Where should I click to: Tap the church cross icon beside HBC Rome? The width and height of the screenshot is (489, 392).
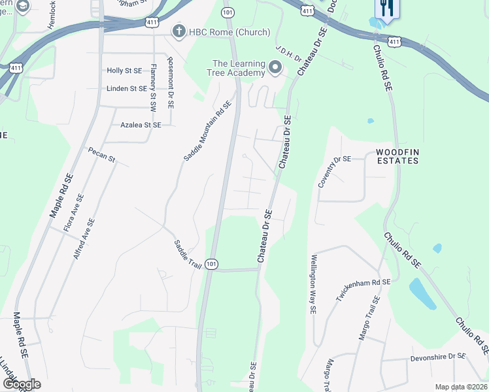[x=178, y=31]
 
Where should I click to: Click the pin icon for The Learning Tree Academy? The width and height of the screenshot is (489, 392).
[x=276, y=67]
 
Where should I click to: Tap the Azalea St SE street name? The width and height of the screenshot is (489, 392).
[x=141, y=124]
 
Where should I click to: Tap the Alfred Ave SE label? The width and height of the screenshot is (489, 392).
[x=84, y=239]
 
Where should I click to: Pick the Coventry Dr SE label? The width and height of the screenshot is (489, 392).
[x=334, y=172]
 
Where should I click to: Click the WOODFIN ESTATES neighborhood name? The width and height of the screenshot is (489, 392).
[x=397, y=156]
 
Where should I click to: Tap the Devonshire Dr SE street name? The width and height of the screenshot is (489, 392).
[x=437, y=357]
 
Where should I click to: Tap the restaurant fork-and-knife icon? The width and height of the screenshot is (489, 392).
[x=385, y=8]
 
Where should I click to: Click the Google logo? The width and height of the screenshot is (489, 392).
[x=22, y=384]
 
